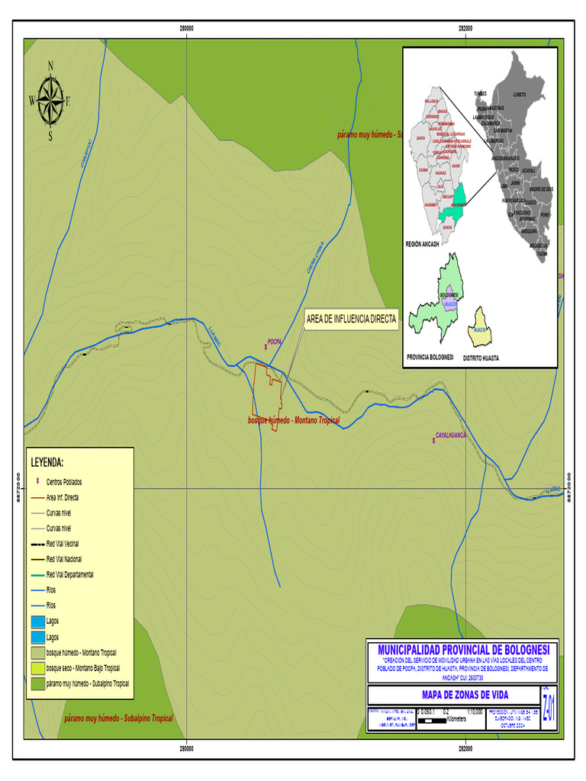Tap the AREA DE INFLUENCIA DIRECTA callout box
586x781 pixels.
[351, 320]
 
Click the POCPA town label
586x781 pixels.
[275, 342]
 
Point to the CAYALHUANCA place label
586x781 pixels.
[450, 435]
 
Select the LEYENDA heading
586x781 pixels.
[47, 462]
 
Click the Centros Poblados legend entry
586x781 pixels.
[64, 482]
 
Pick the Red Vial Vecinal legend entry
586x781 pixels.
[63, 544]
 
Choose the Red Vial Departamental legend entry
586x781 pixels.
[69, 574]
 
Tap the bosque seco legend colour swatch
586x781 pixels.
[37, 668]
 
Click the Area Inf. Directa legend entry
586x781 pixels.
[62, 497]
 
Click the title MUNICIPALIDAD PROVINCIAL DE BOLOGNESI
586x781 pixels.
[463, 648]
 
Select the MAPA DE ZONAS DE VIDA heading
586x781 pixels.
[453, 695]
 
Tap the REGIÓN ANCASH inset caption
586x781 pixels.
[423, 244]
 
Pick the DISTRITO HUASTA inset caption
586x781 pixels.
[481, 357]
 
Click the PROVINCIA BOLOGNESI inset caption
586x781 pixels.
[430, 357]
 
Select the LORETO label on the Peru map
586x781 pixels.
[520, 94]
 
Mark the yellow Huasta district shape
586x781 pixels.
[479, 326]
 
